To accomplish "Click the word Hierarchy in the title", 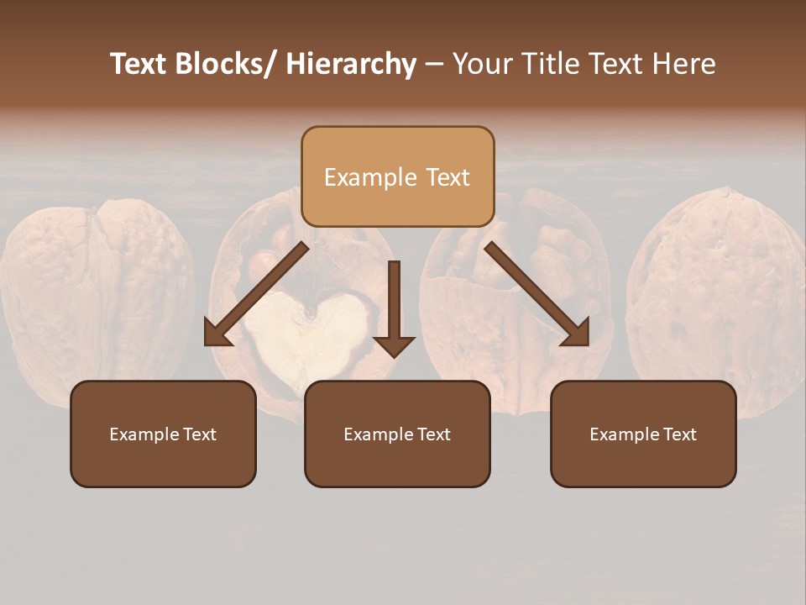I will tap(351, 64).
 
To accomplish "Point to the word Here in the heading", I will tap(684, 64).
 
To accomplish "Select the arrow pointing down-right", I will tap(537, 294).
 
